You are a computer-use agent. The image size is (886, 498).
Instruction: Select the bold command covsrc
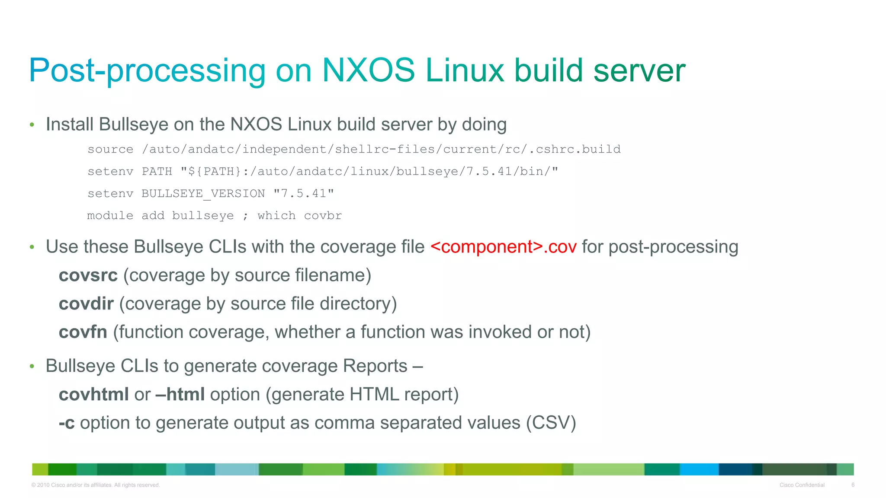click(x=88, y=275)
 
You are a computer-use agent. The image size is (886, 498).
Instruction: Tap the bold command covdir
click(x=86, y=304)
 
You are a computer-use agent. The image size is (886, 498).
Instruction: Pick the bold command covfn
click(x=83, y=332)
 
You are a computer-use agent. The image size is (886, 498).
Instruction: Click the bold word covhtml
click(x=94, y=394)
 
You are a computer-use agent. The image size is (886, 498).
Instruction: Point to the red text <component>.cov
click(x=504, y=247)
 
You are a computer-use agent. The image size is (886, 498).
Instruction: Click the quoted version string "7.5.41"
click(x=304, y=193)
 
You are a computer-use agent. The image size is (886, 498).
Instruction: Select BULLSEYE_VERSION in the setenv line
click(x=203, y=193)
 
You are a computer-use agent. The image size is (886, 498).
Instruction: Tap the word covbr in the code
click(x=323, y=216)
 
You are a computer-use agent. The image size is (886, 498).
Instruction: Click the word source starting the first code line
click(x=110, y=149)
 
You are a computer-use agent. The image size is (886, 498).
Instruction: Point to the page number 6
click(x=853, y=485)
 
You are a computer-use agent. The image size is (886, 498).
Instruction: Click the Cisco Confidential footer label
click(x=802, y=485)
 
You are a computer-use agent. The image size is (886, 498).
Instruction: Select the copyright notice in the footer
click(x=96, y=485)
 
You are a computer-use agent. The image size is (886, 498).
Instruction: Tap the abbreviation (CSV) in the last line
click(x=551, y=423)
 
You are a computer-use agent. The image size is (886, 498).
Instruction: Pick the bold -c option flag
click(x=67, y=423)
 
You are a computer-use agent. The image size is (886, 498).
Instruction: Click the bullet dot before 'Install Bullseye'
click(x=32, y=125)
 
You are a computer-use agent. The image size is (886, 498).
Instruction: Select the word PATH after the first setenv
click(x=157, y=172)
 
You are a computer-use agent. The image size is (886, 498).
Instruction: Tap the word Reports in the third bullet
click(x=375, y=366)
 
